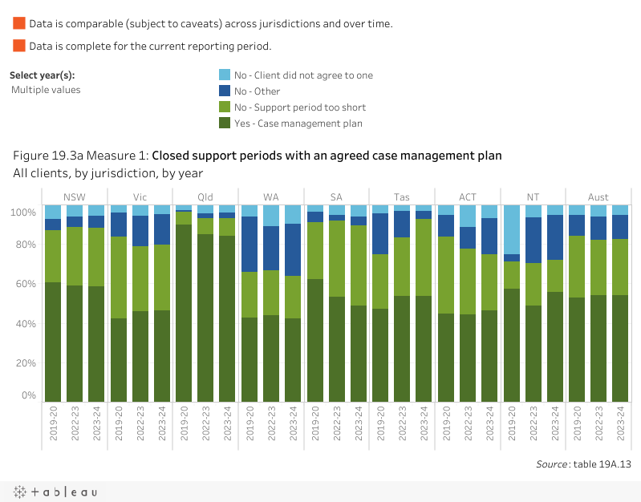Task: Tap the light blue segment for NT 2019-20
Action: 510,229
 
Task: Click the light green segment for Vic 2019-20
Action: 119,277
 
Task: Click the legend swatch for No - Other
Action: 225,91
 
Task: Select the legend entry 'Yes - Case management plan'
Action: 298,123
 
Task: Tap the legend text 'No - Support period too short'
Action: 299,107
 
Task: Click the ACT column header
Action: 467,196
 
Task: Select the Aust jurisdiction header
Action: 598,196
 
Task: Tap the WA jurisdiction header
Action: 270,196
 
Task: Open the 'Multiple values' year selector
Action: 46,90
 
